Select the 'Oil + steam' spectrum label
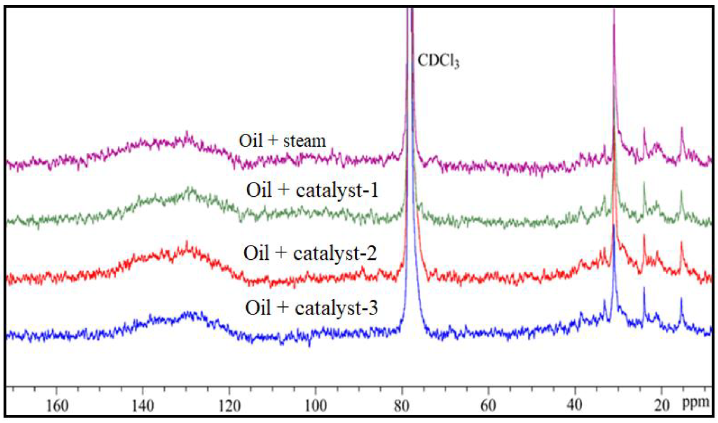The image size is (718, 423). tap(282, 141)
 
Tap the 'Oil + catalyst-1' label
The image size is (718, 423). tap(312, 190)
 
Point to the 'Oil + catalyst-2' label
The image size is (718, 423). tap(310, 253)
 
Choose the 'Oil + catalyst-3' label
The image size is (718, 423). tap(311, 308)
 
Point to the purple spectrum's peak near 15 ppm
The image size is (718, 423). tap(682, 128)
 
